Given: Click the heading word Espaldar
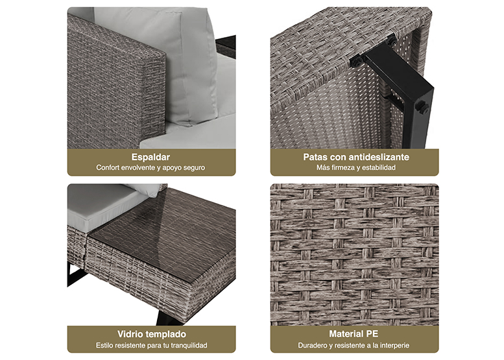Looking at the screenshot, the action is click(x=150, y=157).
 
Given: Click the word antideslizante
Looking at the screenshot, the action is click(x=379, y=157).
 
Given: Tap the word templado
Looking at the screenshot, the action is click(x=166, y=334).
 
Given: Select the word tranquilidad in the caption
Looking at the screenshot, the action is click(x=189, y=346).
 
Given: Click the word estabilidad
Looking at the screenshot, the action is click(x=378, y=167).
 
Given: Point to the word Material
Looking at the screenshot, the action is click(x=346, y=334).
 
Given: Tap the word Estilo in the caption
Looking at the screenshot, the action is click(x=104, y=346).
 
